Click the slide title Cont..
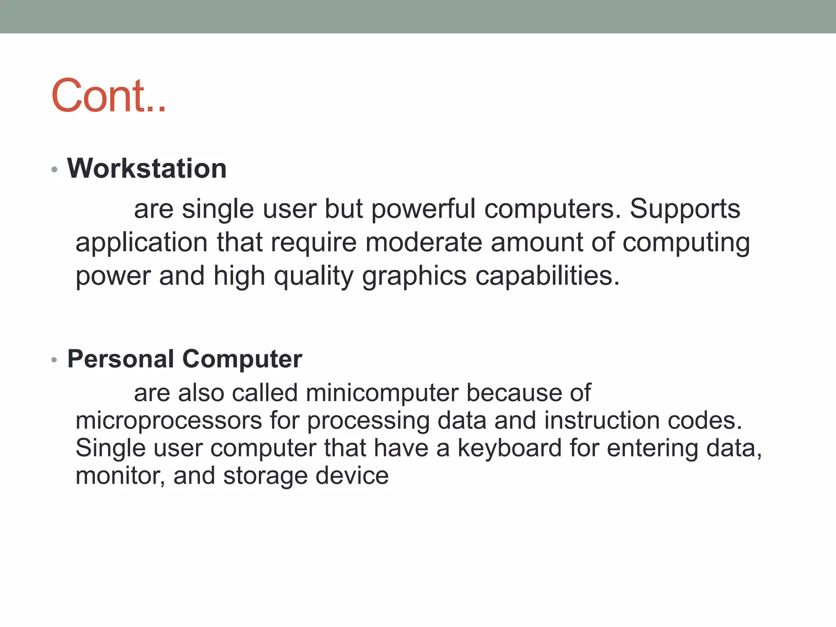click(108, 96)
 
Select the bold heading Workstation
click(147, 169)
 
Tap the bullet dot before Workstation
click(54, 169)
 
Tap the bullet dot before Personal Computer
click(54, 360)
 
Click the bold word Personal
click(121, 359)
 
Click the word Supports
click(685, 209)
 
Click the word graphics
click(414, 276)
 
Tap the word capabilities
click(547, 276)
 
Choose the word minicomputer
click(382, 393)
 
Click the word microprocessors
click(169, 421)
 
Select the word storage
click(265, 476)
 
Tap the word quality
click(313, 276)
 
